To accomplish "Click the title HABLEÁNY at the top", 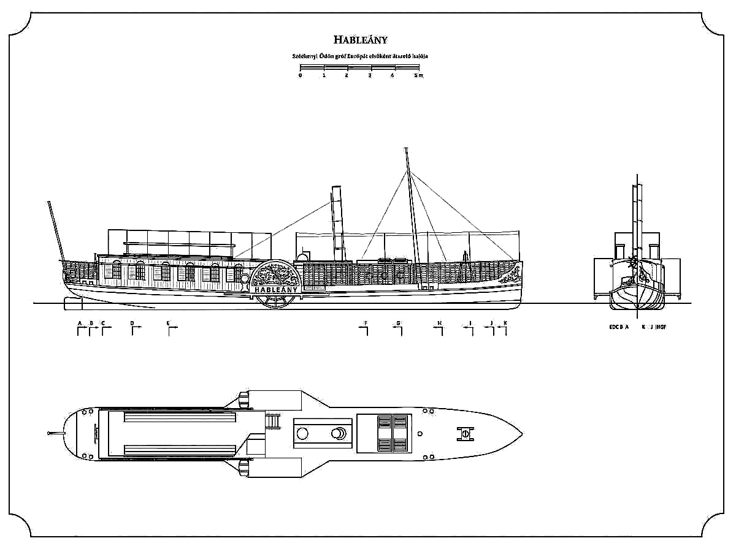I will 361,40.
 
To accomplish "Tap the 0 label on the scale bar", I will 300,75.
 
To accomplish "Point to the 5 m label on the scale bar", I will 418,75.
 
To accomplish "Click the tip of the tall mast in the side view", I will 406,149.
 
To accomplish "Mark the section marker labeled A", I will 80,328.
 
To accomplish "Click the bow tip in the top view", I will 522,434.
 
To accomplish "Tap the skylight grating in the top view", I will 392,434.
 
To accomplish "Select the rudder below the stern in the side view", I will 71,301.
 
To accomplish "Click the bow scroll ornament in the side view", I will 510,276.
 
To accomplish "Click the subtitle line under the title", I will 361,56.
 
